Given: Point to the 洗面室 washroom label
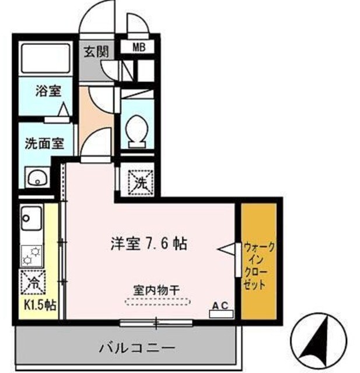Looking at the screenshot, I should [x=44, y=143].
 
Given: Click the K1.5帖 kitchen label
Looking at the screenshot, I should [x=40, y=305].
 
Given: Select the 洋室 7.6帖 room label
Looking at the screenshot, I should [x=149, y=244].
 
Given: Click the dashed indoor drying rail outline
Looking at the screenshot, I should [x=157, y=301].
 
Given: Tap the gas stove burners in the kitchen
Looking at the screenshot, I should [x=31, y=254].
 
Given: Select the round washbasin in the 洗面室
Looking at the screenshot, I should [x=36, y=177].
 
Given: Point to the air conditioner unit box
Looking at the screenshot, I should [x=221, y=314].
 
